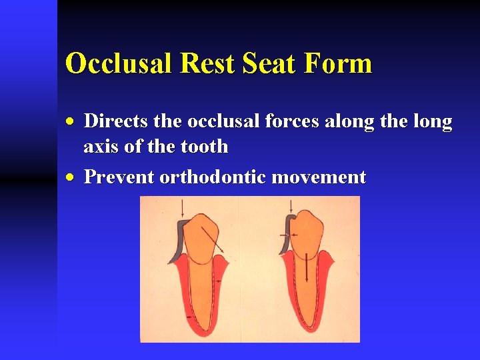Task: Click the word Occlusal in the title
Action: (x=116, y=64)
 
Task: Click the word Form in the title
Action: (x=340, y=64)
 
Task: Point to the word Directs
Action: (x=117, y=122)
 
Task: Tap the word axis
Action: (x=101, y=146)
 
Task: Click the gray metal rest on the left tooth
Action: (x=178, y=241)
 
